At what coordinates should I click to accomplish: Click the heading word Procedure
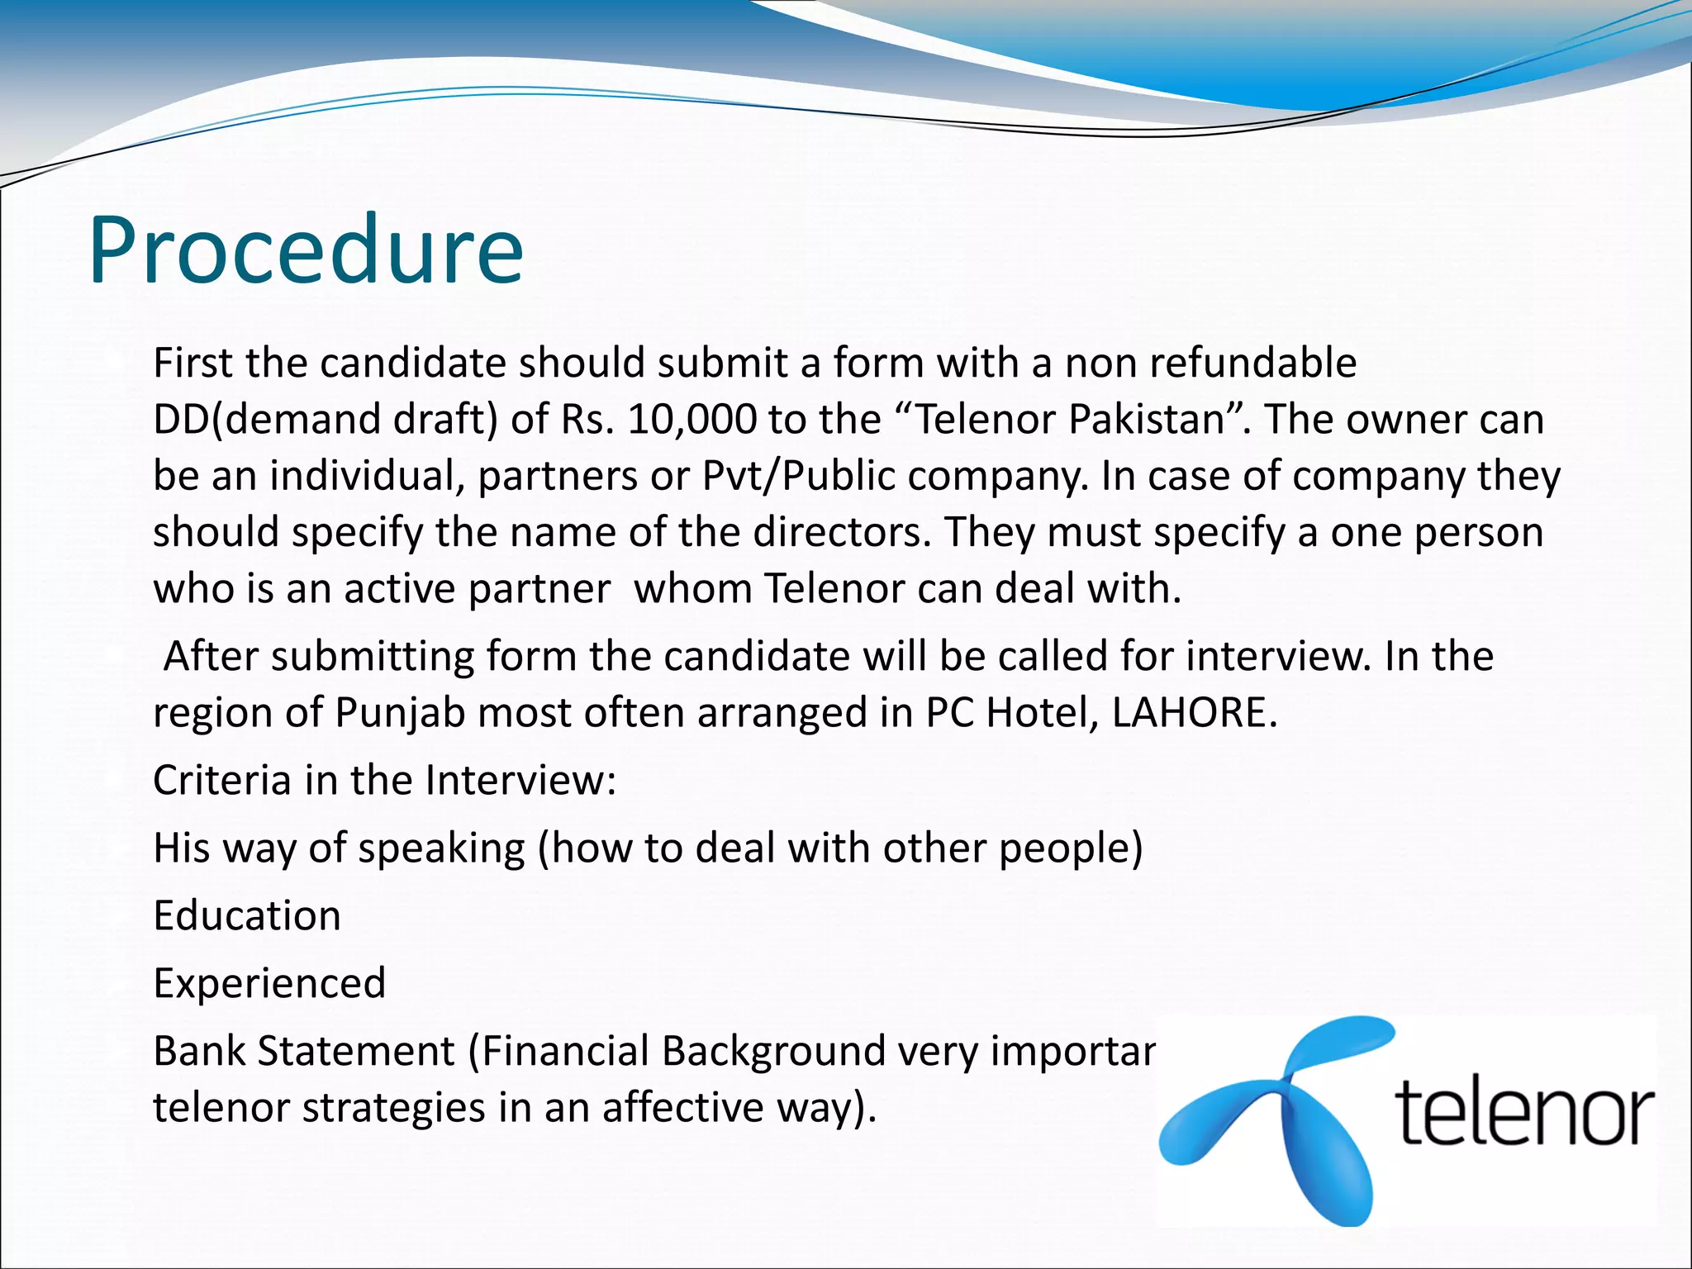(306, 250)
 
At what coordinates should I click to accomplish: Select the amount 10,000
(692, 420)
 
